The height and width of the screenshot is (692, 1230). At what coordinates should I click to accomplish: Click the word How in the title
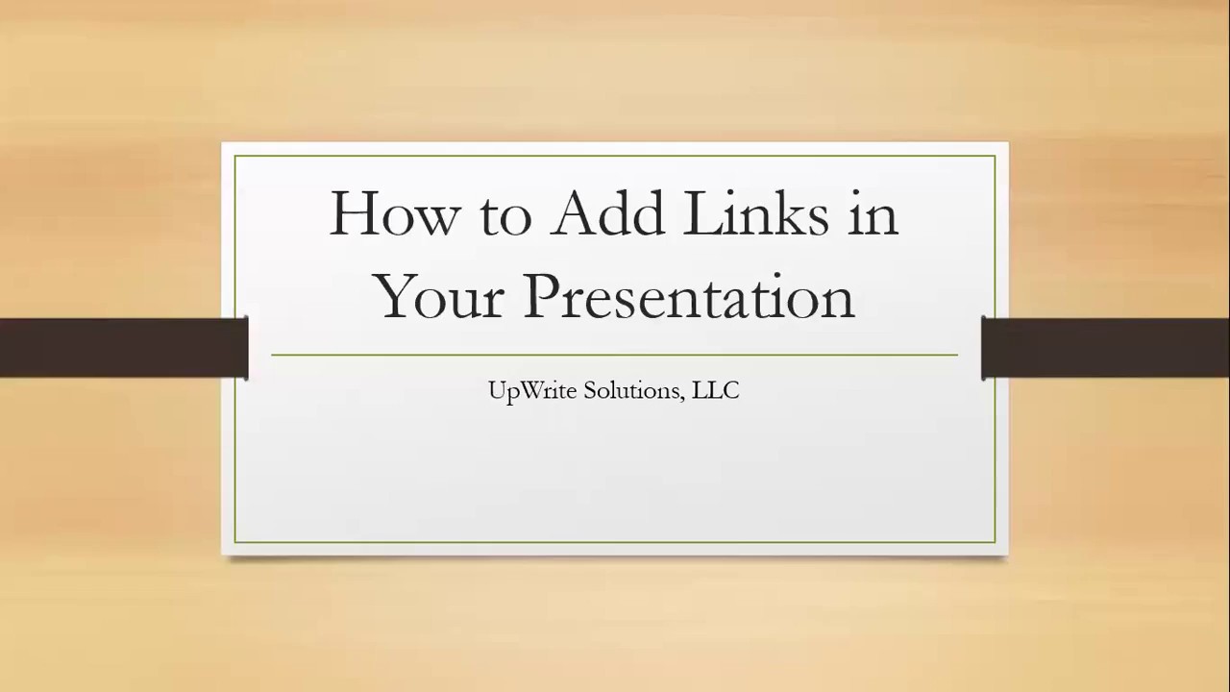[x=393, y=213]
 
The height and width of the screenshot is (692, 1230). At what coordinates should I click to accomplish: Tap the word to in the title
[x=504, y=215]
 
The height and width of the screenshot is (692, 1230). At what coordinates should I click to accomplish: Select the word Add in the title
[x=607, y=213]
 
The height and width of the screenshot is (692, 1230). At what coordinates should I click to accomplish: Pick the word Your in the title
[x=439, y=296]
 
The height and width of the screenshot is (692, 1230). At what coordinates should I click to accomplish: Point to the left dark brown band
[x=123, y=347]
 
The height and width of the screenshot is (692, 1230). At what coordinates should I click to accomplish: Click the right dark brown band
[x=1106, y=347]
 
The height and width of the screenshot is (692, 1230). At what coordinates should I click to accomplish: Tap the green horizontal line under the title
[x=614, y=355]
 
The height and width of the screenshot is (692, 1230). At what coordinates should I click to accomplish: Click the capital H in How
[x=354, y=213]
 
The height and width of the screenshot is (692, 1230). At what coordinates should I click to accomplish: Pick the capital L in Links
[x=701, y=213]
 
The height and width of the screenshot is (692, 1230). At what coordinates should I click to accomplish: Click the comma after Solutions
[x=686, y=397]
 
